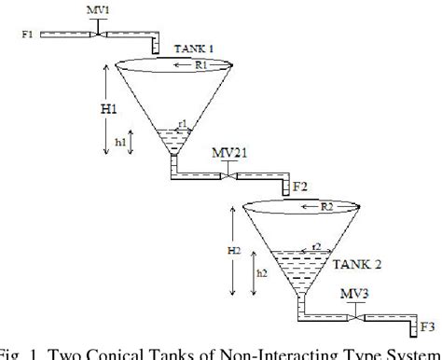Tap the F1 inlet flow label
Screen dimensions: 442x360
[26, 35]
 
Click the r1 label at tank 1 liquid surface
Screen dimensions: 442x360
[183, 124]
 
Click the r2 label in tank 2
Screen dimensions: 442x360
[317, 245]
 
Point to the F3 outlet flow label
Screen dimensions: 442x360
[425, 327]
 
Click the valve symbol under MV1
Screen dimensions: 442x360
[98, 33]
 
